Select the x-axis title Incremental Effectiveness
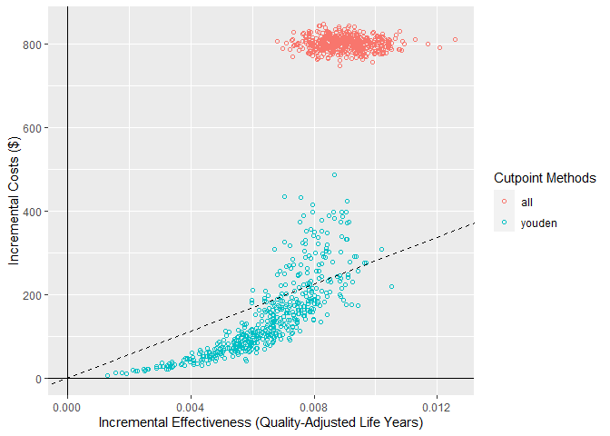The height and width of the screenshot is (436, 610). pyautogui.click(x=261, y=422)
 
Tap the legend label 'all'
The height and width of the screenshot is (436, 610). pyautogui.click(x=527, y=201)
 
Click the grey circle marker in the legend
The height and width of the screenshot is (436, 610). pyautogui.click(x=504, y=201)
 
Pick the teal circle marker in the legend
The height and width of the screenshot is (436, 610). pyautogui.click(x=504, y=222)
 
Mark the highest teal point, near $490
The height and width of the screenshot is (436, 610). pyautogui.click(x=334, y=174)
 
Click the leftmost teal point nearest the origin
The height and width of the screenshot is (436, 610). pyautogui.click(x=107, y=375)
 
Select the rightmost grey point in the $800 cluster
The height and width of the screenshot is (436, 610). pyautogui.click(x=455, y=40)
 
